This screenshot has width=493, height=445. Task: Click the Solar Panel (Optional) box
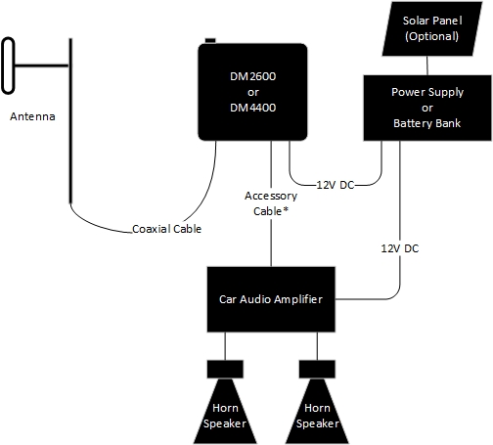pos(432,28)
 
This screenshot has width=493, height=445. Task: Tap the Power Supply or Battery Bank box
pos(427,108)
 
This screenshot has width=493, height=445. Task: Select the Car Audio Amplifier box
pos(271,299)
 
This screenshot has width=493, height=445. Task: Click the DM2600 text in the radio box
pos(253,76)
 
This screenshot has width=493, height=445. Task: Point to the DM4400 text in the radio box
pos(253,108)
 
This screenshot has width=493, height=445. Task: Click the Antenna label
pos(32,116)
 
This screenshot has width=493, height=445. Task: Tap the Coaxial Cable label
pos(166,229)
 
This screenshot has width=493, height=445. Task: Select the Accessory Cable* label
pos(271,203)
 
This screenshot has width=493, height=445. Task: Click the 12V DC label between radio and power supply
pos(336,185)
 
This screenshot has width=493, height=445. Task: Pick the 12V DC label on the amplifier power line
pos(400,248)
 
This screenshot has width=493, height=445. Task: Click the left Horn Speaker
pos(225,412)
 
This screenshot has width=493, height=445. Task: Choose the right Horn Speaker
pos(317,412)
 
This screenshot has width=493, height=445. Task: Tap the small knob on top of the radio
pos(210,40)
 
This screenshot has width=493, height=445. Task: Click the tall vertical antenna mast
pos(70,120)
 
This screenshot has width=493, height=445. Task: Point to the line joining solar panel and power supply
pos(427,66)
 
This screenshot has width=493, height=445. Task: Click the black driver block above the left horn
pos(225,369)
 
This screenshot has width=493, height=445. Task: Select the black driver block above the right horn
pos(317,369)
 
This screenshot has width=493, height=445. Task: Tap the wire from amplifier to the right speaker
pos(317,346)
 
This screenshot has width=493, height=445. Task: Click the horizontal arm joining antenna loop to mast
pos(42,66)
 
